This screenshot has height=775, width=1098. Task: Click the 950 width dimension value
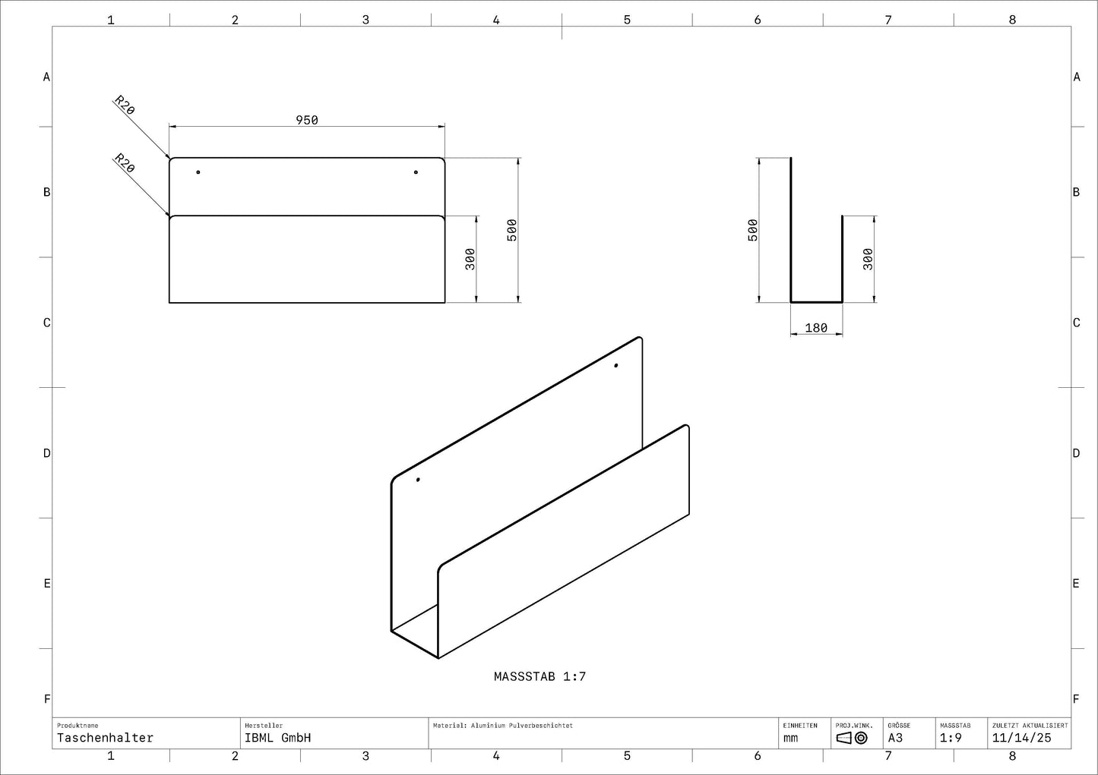[x=307, y=120]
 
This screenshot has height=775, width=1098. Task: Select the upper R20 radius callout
[x=125, y=105]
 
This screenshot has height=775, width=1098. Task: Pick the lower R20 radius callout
[x=125, y=163]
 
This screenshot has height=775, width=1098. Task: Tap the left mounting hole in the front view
[x=198, y=172]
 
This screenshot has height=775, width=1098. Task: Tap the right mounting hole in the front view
[x=416, y=172]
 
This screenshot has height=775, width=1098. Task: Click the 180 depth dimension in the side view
[x=816, y=328]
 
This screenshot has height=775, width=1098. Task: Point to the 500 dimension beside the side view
[x=753, y=230]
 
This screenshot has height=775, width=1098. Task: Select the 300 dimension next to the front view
[x=470, y=259]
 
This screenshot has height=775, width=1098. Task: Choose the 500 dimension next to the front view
[x=512, y=230]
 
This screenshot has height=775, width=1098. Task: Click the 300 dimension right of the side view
[x=869, y=259]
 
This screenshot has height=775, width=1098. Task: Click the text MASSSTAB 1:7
[x=540, y=676]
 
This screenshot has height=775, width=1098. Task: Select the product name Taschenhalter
[x=105, y=738]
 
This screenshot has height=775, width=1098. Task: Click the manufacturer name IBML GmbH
[x=277, y=738]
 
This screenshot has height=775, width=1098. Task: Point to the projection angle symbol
[x=852, y=738]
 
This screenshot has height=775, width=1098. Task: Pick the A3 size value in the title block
[x=895, y=738]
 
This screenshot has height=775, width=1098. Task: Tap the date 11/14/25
[x=1021, y=738]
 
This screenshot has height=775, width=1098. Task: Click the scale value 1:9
[x=951, y=738]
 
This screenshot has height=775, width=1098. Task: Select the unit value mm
[x=791, y=738]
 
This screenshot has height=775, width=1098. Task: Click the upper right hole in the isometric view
[x=615, y=366]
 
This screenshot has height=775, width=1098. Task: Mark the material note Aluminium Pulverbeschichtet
[x=503, y=726]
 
